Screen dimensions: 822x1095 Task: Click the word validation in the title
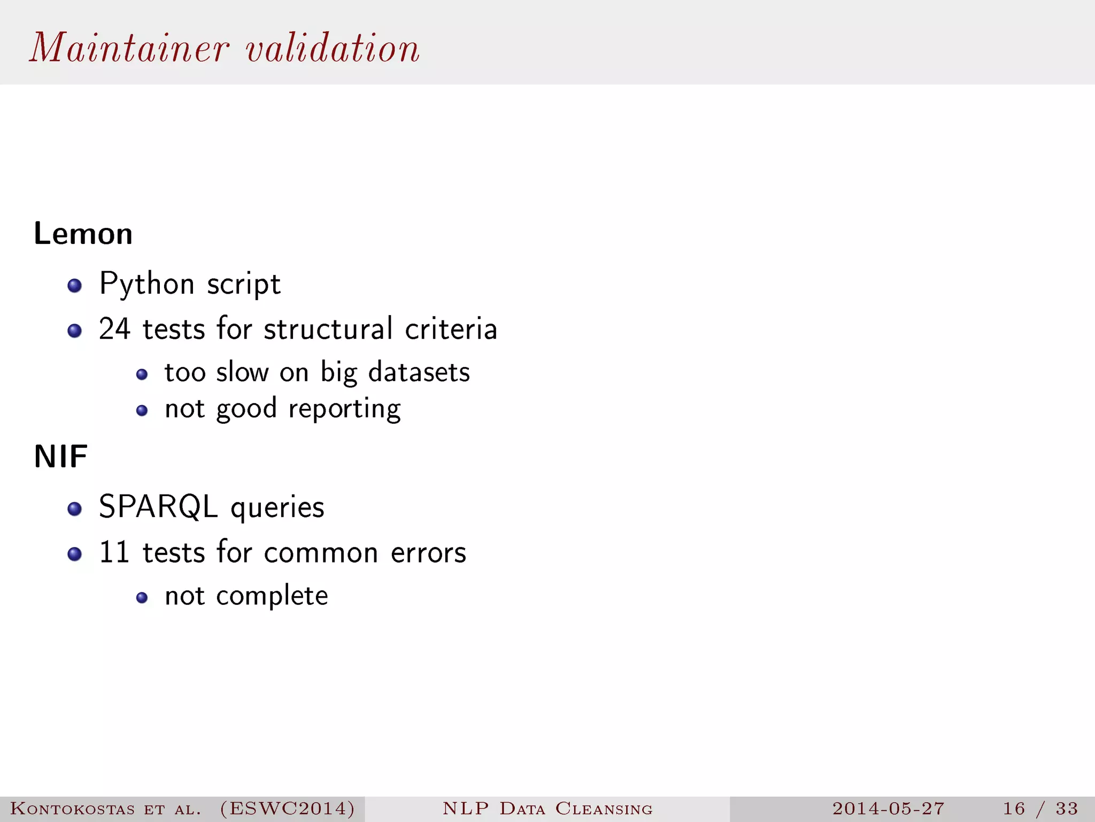coord(333,48)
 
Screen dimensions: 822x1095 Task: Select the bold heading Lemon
coord(83,234)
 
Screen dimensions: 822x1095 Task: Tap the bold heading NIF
coord(60,457)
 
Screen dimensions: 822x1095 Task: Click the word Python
coord(147,284)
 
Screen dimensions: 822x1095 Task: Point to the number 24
coord(114,329)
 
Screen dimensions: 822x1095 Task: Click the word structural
coord(328,329)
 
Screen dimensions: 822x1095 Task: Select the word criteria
coord(451,329)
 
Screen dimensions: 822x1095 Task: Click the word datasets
coord(419,372)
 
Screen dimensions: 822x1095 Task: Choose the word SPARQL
coord(158,507)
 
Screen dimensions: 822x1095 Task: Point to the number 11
coord(114,552)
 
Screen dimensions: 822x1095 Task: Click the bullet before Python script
coord(75,285)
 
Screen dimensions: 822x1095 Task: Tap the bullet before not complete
coord(142,598)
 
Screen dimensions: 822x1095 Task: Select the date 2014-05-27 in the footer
coord(888,808)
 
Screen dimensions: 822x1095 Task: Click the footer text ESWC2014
coord(288,808)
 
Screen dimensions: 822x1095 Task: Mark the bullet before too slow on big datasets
coord(142,374)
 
